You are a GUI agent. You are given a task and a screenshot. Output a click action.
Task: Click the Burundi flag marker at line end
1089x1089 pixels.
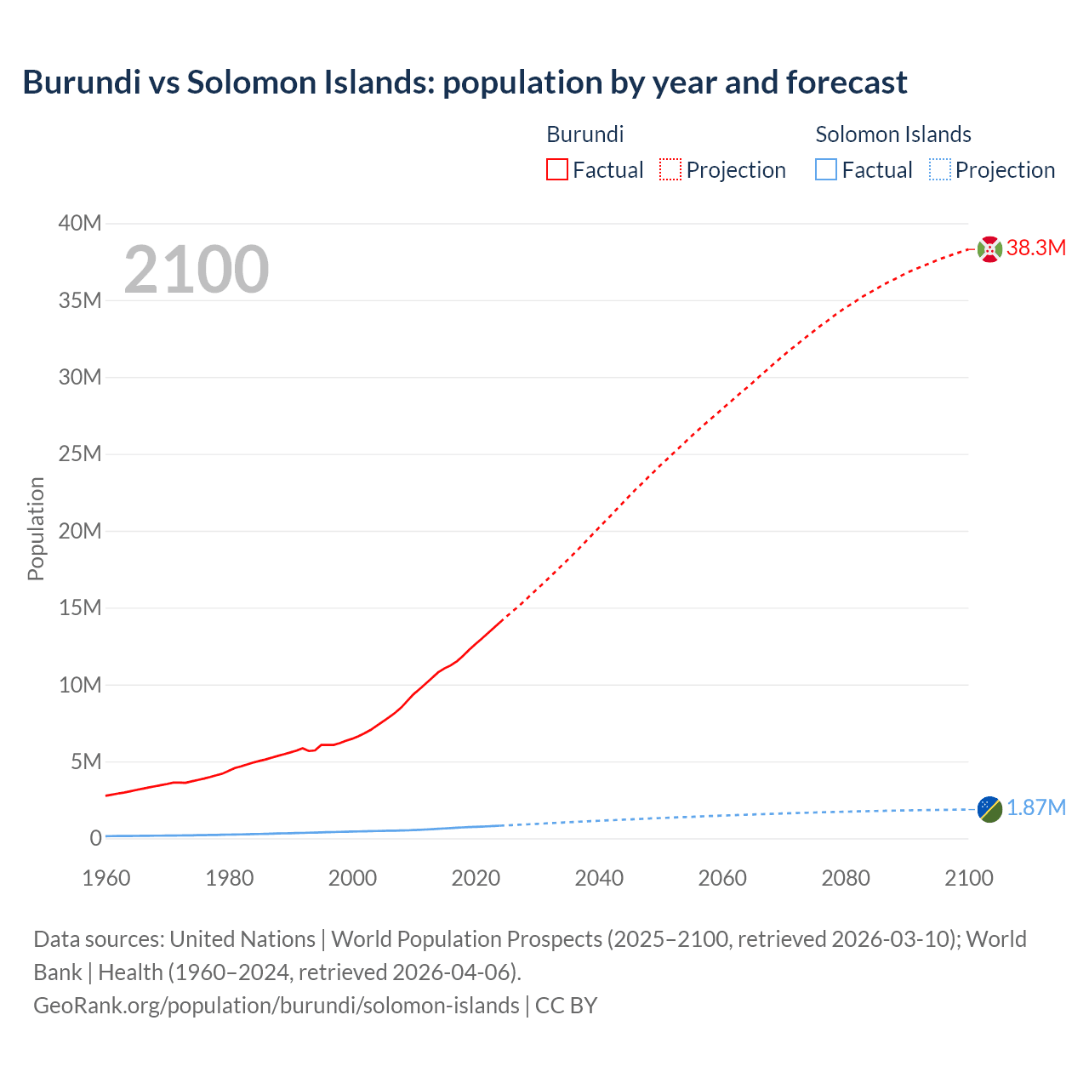click(989, 249)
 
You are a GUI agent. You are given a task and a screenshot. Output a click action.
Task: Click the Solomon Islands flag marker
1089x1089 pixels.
click(989, 809)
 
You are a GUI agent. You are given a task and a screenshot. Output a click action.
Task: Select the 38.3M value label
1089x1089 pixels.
click(1035, 248)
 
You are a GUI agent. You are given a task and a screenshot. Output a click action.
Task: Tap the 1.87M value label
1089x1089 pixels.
click(1035, 808)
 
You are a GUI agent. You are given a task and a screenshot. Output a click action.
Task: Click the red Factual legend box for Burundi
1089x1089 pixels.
click(556, 170)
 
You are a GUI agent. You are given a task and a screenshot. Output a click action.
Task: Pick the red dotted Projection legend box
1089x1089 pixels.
click(670, 170)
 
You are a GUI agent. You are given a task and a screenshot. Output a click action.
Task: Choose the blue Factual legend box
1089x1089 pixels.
click(826, 170)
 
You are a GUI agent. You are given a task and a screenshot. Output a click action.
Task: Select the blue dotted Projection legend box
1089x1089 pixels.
click(940, 170)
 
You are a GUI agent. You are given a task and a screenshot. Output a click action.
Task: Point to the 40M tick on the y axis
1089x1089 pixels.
click(80, 224)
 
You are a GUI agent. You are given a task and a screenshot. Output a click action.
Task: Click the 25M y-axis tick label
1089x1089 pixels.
click(80, 454)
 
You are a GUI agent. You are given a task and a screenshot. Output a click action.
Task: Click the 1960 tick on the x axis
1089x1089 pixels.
click(106, 879)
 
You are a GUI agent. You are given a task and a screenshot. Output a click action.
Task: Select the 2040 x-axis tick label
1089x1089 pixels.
click(599, 879)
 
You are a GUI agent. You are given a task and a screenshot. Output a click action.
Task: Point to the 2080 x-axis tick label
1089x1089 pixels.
click(846, 879)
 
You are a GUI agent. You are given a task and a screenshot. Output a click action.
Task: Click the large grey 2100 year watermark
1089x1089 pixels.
click(197, 270)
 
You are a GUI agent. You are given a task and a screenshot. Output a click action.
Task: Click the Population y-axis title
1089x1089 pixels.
click(36, 529)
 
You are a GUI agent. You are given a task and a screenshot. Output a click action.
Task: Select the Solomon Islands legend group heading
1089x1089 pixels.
click(893, 134)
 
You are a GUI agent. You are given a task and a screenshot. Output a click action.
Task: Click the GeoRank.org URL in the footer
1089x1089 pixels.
click(277, 1006)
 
